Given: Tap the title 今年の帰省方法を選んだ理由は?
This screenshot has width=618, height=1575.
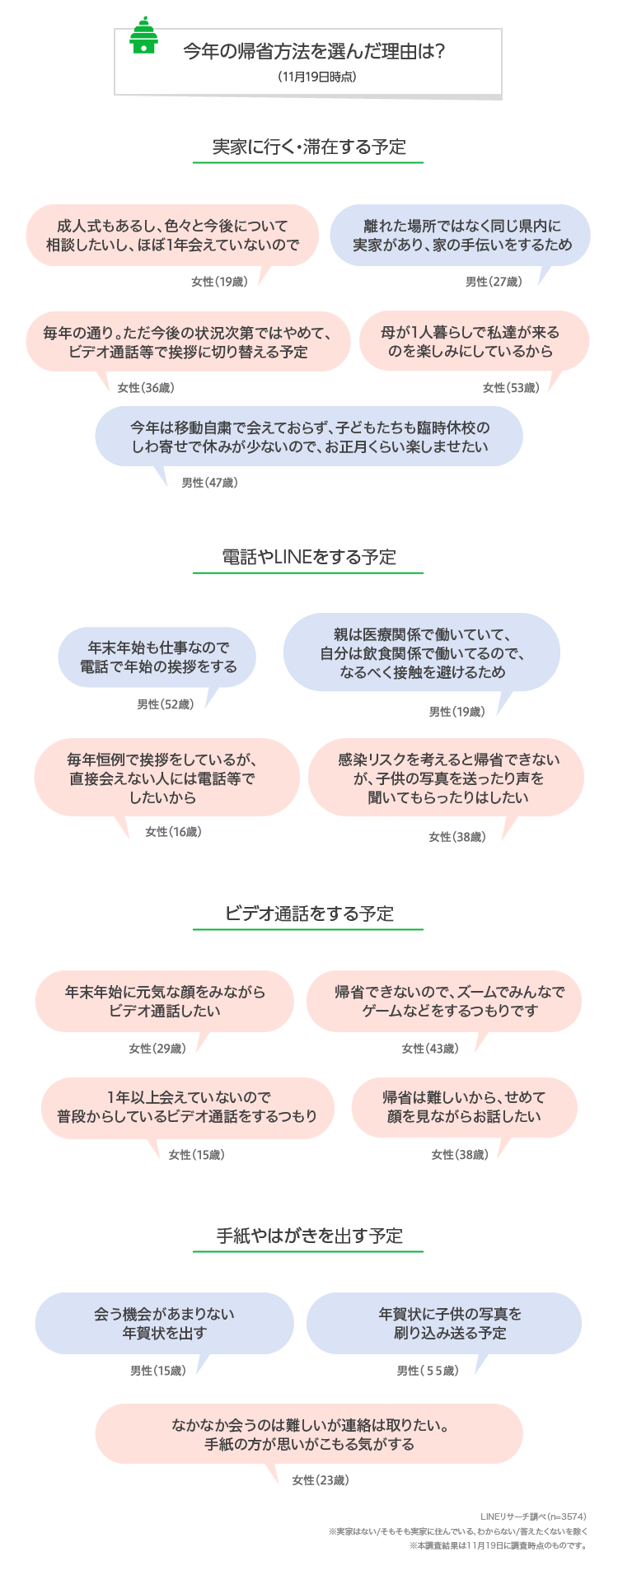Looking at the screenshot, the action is [x=314, y=52].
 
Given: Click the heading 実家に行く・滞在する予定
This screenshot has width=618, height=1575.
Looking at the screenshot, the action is [x=309, y=147].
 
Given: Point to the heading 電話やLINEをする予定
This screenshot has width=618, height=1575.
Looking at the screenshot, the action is [x=309, y=557].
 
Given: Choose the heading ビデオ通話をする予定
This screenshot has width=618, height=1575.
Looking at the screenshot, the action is [x=309, y=914].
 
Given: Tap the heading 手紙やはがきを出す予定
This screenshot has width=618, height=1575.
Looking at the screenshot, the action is [x=309, y=1236].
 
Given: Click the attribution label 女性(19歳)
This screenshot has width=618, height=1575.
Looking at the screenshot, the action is [x=219, y=282].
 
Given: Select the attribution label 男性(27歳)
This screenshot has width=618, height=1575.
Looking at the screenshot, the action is [x=494, y=282].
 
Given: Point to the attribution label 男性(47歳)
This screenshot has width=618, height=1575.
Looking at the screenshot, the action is [x=209, y=483].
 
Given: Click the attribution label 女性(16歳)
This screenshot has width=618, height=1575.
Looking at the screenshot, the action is [x=173, y=832].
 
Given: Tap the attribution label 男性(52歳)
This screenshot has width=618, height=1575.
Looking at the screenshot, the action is [x=165, y=704].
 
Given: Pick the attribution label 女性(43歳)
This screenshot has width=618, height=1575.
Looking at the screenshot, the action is [x=430, y=1049].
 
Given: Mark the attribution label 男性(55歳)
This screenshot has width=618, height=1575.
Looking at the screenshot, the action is [x=428, y=1371].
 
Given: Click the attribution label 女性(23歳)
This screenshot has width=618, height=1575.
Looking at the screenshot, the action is [x=321, y=1480].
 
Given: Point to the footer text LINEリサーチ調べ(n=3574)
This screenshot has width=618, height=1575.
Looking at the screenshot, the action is [x=533, y=1517].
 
